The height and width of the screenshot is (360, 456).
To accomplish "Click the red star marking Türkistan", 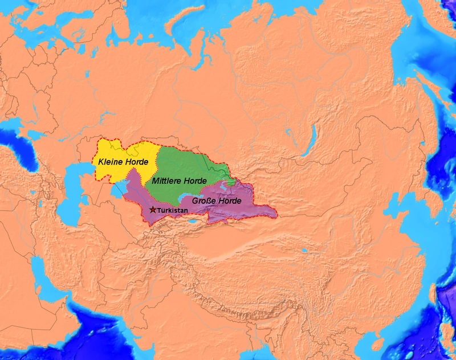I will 152,210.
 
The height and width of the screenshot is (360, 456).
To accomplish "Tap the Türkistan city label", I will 171,210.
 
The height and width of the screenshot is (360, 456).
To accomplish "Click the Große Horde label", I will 216,201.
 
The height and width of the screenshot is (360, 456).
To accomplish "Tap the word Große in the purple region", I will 203,201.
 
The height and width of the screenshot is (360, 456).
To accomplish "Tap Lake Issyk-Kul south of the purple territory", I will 196,222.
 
